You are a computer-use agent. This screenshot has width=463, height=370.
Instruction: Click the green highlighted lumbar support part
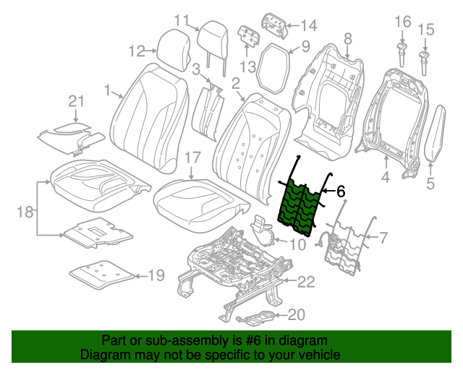tap(298, 207)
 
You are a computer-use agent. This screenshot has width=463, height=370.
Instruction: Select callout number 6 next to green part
tap(341, 191)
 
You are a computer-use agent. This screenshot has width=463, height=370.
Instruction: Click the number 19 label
tap(156, 275)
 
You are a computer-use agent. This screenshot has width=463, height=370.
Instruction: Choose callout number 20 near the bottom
tap(297, 314)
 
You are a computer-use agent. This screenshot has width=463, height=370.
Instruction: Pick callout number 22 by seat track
tap(307, 281)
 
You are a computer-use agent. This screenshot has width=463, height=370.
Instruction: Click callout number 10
tap(298, 244)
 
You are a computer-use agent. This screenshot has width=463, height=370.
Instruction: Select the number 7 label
tap(384, 236)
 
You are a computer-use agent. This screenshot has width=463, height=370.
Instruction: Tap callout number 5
tap(430, 184)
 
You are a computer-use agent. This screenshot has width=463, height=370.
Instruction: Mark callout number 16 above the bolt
tap(402, 22)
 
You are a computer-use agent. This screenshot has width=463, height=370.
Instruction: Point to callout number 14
tap(308, 26)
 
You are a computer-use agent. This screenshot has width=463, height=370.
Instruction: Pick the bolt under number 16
tap(400, 54)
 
